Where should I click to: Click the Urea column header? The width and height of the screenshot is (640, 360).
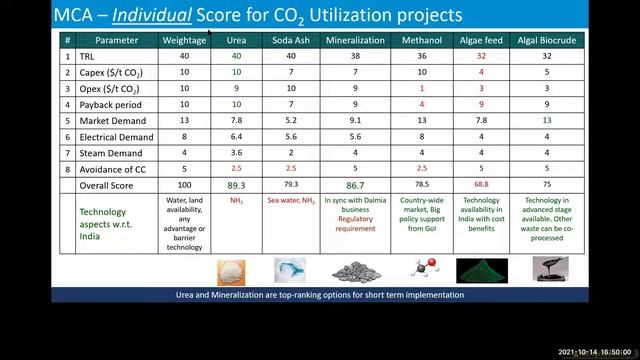236,40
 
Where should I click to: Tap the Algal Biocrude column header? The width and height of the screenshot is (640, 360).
547,40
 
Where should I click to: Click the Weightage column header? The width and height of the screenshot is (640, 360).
184,40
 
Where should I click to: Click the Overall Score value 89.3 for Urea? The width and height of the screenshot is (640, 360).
236,185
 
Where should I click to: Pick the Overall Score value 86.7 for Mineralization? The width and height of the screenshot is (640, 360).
355,185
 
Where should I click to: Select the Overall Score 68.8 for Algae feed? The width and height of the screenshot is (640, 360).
482,185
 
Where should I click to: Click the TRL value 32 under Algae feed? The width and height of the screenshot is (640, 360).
482,56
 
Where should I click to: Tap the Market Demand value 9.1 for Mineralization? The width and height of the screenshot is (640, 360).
355,120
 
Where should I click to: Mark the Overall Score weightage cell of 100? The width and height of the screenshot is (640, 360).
184,185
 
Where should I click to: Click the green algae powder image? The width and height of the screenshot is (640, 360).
482,271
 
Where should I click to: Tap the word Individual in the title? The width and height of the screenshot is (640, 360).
153,15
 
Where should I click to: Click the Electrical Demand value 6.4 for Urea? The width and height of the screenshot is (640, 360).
236,137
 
